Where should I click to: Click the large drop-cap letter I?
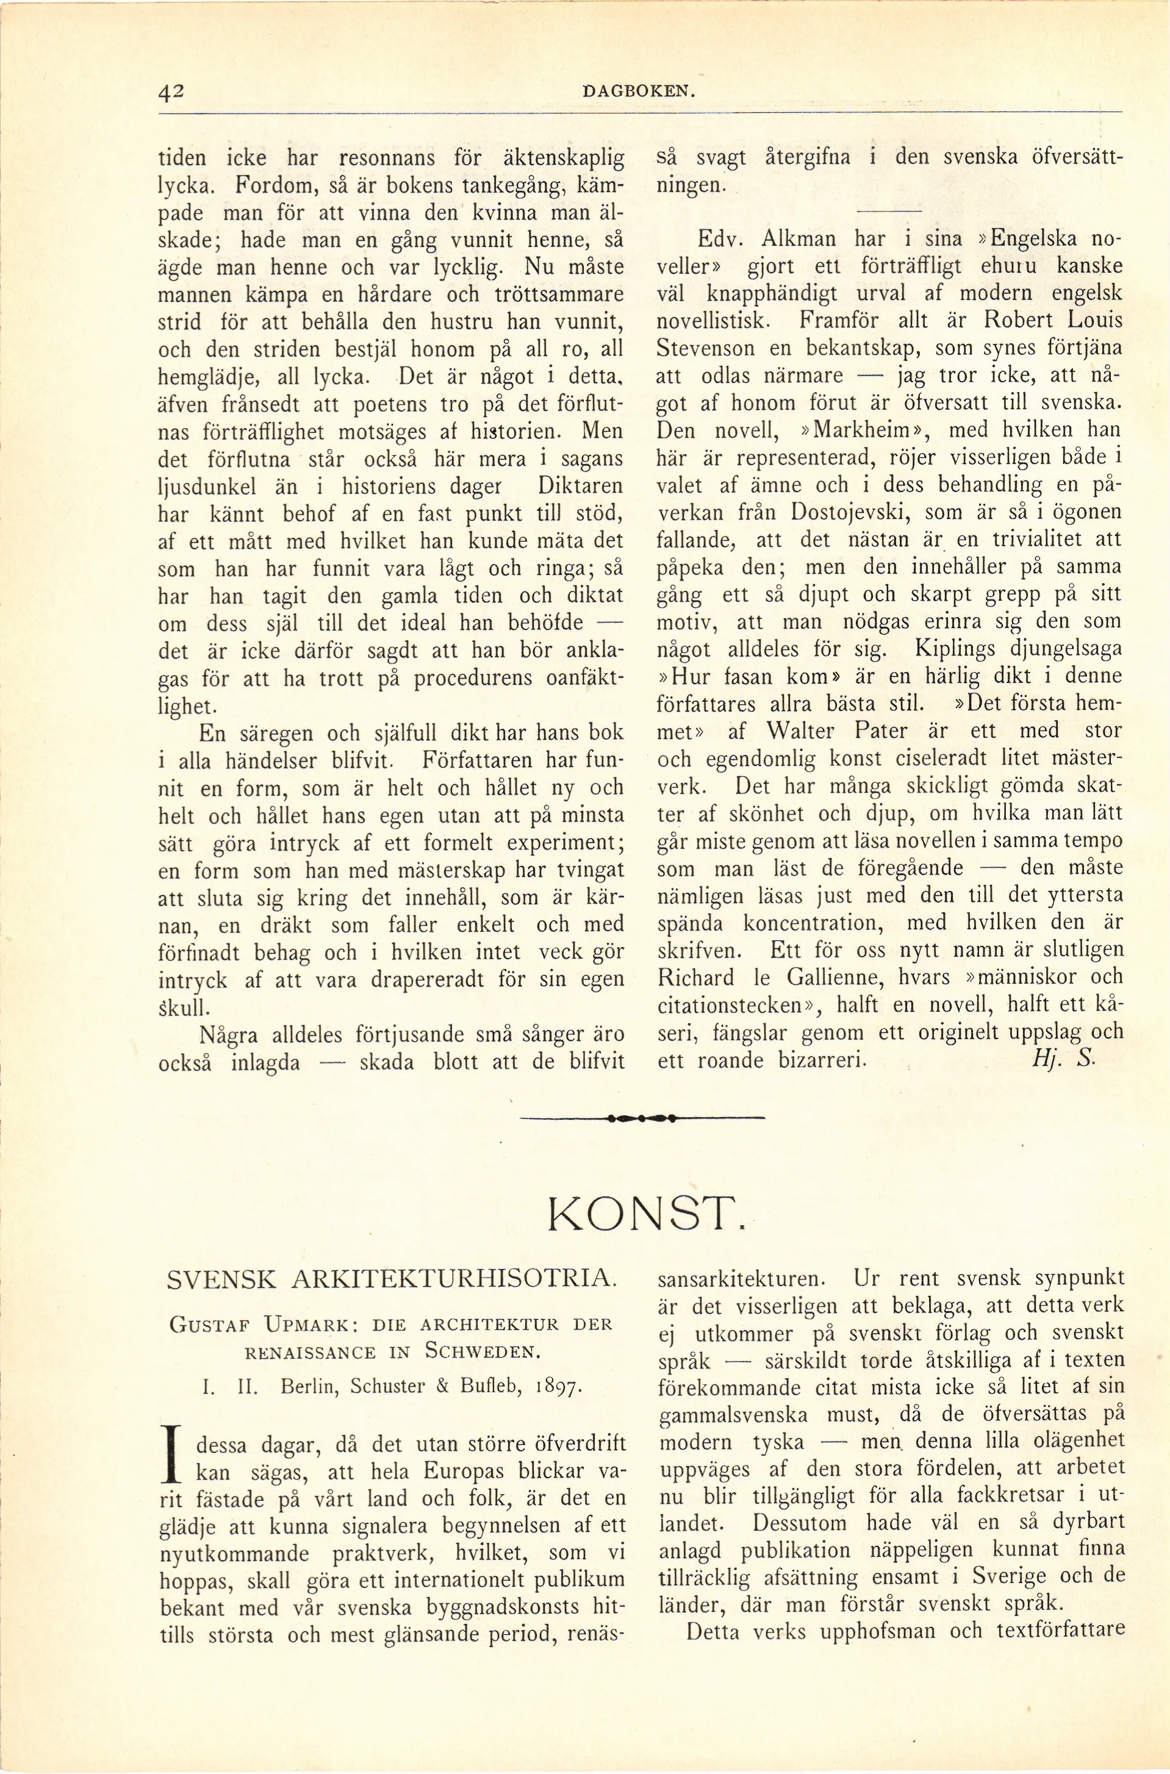tap(173, 1454)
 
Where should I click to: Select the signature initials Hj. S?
tap(1063, 1060)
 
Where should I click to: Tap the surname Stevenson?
tap(705, 348)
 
